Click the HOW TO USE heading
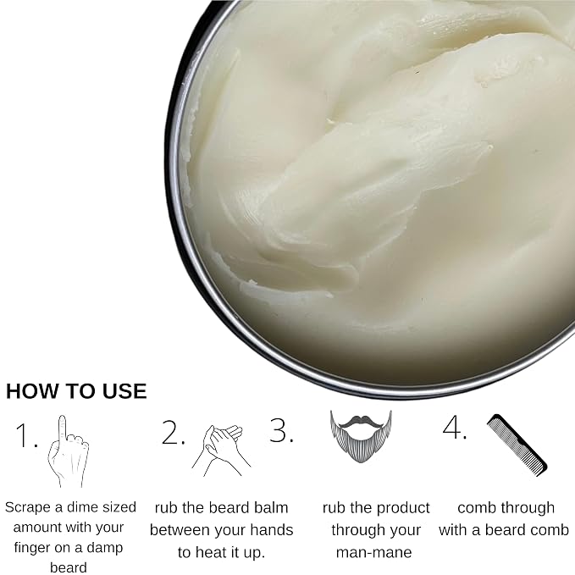[x=76, y=391]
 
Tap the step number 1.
[x=26, y=435]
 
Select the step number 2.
[x=173, y=433]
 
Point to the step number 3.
[x=281, y=430]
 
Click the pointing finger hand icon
[x=69, y=451]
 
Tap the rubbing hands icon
[x=221, y=451]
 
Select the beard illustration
[x=361, y=436]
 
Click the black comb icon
[x=517, y=445]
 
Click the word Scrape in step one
[x=28, y=508]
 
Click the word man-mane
[x=374, y=553]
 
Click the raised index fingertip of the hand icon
[x=63, y=418]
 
